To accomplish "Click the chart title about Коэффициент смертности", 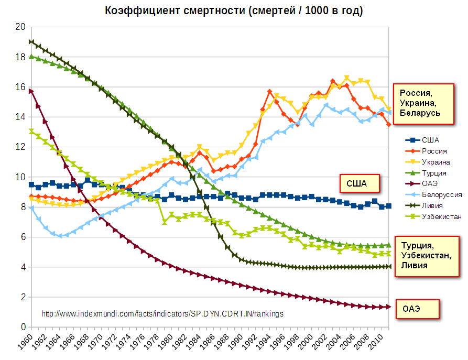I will pos(234,10).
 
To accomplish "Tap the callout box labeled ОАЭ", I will pos(412,309).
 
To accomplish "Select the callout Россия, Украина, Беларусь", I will pos(423,103).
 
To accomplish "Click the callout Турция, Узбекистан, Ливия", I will pos(427,255).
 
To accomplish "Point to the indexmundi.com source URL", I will pos(162,314).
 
